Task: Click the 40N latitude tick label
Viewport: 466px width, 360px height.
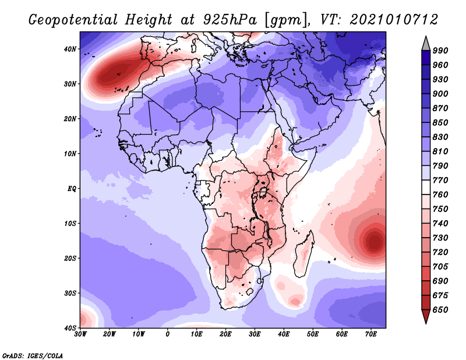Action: [70, 49]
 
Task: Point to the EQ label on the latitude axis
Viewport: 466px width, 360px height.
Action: [72, 189]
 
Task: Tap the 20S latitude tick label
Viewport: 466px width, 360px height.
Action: [70, 258]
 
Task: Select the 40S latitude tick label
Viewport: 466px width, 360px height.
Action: [70, 328]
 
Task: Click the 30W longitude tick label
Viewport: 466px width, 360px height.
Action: [80, 334]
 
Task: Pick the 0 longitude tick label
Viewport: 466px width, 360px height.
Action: [168, 334]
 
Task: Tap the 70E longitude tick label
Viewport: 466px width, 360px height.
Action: [371, 334]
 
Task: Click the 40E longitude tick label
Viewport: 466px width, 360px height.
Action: [284, 334]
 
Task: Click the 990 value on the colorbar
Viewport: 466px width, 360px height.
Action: [440, 51]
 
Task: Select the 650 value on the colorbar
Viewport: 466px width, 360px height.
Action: [440, 310]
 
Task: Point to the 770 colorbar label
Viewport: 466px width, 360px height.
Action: [440, 180]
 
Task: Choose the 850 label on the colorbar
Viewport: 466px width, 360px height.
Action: [440, 122]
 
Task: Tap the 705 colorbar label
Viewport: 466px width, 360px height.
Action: [440, 267]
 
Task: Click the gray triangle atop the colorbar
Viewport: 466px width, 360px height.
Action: [426, 44]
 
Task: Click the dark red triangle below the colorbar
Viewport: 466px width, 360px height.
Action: [426, 316]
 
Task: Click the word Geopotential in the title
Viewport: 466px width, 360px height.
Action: [73, 20]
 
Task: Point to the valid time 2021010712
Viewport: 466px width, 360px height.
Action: [394, 20]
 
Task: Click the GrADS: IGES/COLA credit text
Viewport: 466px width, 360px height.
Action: [33, 355]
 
